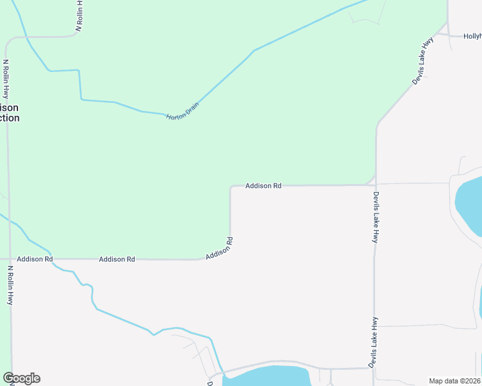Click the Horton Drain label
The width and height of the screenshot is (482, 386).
click(x=182, y=111)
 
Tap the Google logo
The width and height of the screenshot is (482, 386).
click(x=21, y=378)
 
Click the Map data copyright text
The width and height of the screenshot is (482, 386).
click(x=454, y=381)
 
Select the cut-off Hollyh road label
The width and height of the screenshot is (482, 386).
click(x=472, y=37)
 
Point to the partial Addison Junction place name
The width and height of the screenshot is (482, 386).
click(x=10, y=113)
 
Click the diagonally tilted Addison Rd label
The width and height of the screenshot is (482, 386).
click(x=219, y=249)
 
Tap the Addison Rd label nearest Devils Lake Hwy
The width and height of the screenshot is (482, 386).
click(x=263, y=186)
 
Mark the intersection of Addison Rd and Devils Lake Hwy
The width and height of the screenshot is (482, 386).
click(x=376, y=185)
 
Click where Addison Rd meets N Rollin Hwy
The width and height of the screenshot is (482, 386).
click(x=10, y=259)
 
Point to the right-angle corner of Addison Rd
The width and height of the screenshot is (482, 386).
click(x=231, y=187)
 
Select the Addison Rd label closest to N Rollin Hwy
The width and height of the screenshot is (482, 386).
click(x=35, y=259)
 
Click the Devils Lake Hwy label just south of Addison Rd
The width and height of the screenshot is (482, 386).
click(x=375, y=217)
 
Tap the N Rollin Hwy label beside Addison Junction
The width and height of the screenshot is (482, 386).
click(x=6, y=79)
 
